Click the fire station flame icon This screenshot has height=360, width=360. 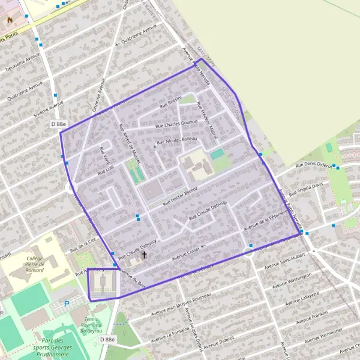coord(10,19)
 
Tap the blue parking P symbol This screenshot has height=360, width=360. coord(67,304)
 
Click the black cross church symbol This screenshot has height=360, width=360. coord(143,255)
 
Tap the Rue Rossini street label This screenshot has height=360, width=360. coord(170,103)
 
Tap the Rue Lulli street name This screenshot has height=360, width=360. coord(105,172)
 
